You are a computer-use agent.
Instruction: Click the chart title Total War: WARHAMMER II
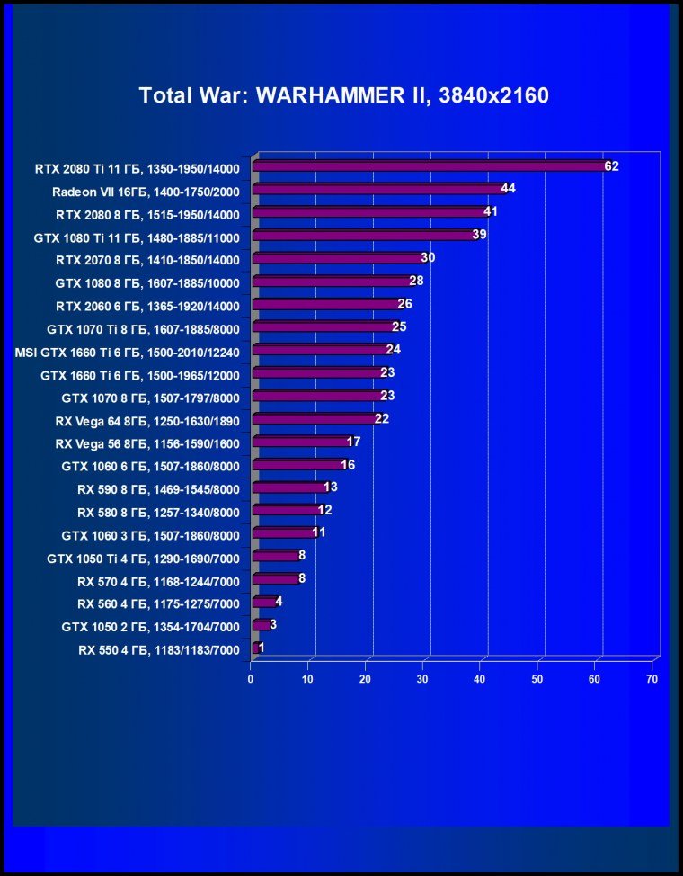coord(343,95)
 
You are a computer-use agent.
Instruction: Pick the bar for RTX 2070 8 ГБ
coord(338,258)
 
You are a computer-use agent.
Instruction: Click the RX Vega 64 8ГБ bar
coord(315,419)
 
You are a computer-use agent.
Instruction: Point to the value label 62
coord(612,166)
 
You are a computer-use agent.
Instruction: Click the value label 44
coord(508,189)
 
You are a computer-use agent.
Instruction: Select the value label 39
coord(479,235)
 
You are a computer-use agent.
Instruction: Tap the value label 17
coord(353,442)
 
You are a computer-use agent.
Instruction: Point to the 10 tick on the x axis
coord(308,678)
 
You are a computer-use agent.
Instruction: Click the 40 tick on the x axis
coord(480,678)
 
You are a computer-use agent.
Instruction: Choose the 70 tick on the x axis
coord(652,678)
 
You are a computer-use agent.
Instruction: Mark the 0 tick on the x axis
coord(251,678)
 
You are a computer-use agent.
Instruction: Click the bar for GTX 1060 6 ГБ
coord(298,465)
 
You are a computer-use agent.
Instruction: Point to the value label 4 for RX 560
coord(279,602)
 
